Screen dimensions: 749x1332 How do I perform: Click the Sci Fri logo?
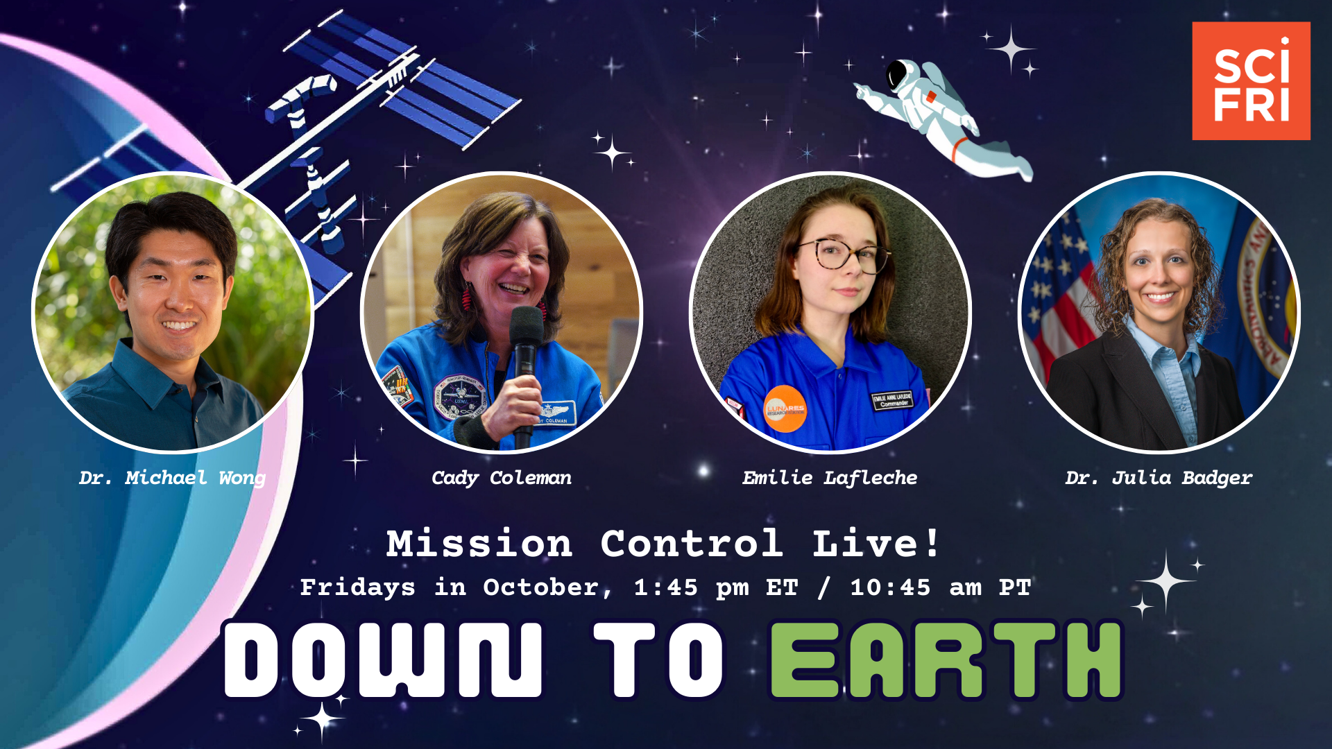coord(1251,80)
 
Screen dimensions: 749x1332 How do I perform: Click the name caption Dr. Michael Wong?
coord(172,478)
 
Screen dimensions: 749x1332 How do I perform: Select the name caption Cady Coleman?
coord(502,478)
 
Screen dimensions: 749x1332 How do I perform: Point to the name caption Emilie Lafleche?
coord(830,478)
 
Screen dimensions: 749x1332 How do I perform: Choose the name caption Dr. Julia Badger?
coord(1159,478)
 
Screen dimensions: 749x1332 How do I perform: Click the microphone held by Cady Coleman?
coord(526,347)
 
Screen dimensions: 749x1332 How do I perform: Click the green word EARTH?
coord(946,660)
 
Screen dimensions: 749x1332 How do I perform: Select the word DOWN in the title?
coord(382,660)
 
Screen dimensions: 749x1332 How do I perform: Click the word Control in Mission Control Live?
coord(692,543)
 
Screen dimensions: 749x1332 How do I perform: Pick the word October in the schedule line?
coord(541,588)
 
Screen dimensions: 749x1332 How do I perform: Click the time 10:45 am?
coord(916,588)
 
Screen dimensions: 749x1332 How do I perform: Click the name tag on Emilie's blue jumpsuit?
coord(891,400)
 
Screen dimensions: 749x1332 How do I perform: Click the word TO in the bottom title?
coord(658,660)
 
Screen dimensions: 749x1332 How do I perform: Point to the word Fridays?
coord(357,588)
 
